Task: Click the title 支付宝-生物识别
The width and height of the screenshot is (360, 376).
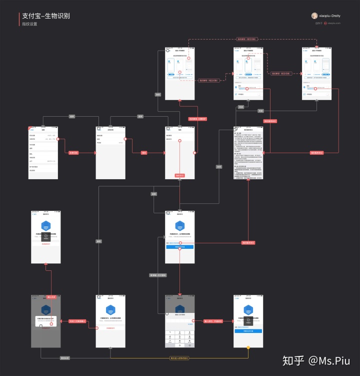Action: [x=45, y=16]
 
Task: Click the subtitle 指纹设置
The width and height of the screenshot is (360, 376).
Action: [x=29, y=24]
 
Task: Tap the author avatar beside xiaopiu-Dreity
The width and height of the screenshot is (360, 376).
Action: [x=314, y=16]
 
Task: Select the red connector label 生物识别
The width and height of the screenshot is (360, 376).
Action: [x=73, y=152]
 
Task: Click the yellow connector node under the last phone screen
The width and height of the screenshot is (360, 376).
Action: [x=248, y=347]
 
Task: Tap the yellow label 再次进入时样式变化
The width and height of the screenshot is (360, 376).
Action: [x=179, y=358]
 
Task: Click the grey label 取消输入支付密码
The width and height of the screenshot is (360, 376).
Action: [x=158, y=275]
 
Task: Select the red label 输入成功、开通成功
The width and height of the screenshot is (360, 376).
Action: [x=213, y=321]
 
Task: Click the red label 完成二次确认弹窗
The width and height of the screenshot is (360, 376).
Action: [x=78, y=321]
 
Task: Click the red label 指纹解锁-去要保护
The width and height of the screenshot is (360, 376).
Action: [x=197, y=119]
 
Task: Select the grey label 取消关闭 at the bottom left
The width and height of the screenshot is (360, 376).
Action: [x=64, y=358]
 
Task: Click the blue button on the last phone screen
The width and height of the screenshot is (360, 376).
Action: [x=248, y=331]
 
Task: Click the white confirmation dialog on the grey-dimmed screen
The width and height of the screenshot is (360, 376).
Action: [x=45, y=321]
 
